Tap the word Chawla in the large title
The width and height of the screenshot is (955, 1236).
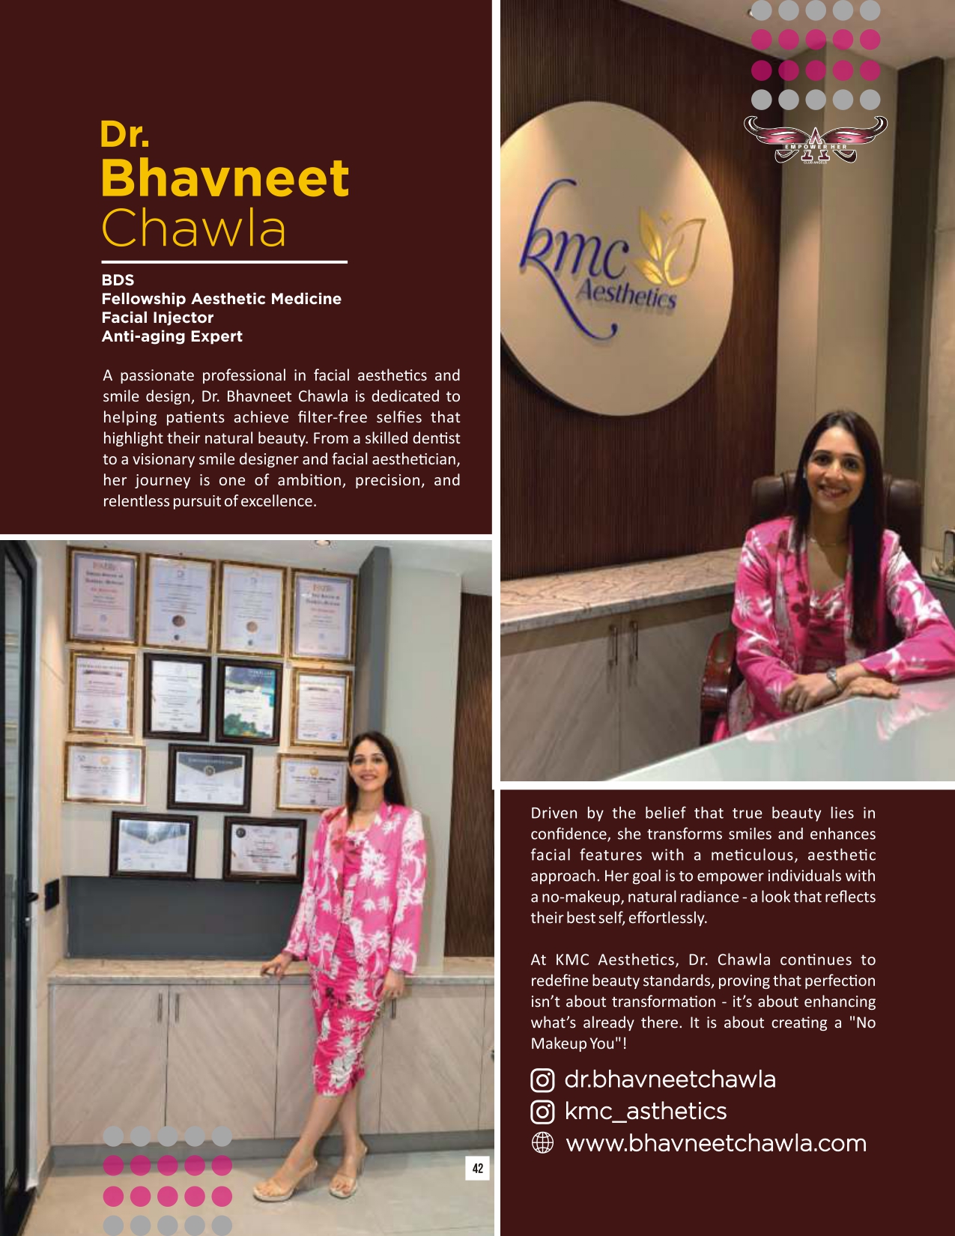pyautogui.click(x=194, y=228)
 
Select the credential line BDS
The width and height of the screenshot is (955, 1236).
pyautogui.click(x=118, y=280)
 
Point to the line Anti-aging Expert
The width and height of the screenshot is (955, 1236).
pyautogui.click(x=172, y=336)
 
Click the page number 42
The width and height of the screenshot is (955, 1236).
pyautogui.click(x=478, y=1168)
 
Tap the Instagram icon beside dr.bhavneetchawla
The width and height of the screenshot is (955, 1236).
pyautogui.click(x=542, y=1080)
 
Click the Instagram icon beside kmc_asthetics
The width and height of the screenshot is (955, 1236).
pyautogui.click(x=542, y=1112)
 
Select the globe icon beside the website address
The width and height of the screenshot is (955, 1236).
pyautogui.click(x=542, y=1143)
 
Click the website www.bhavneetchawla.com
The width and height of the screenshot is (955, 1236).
pyautogui.click(x=715, y=1143)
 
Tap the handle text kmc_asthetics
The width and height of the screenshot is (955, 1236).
pyautogui.click(x=645, y=1111)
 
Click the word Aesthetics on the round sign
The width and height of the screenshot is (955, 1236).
pyautogui.click(x=625, y=294)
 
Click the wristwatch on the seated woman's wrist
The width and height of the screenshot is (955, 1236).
pyautogui.click(x=832, y=677)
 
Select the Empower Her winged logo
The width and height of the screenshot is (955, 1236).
pyautogui.click(x=815, y=140)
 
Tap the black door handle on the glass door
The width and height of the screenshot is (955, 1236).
pyautogui.click(x=30, y=896)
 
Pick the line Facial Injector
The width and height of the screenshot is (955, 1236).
pyautogui.click(x=157, y=318)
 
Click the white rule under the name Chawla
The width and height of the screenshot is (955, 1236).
pyautogui.click(x=224, y=262)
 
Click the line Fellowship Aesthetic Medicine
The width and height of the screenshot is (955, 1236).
pyautogui.click(x=221, y=299)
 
